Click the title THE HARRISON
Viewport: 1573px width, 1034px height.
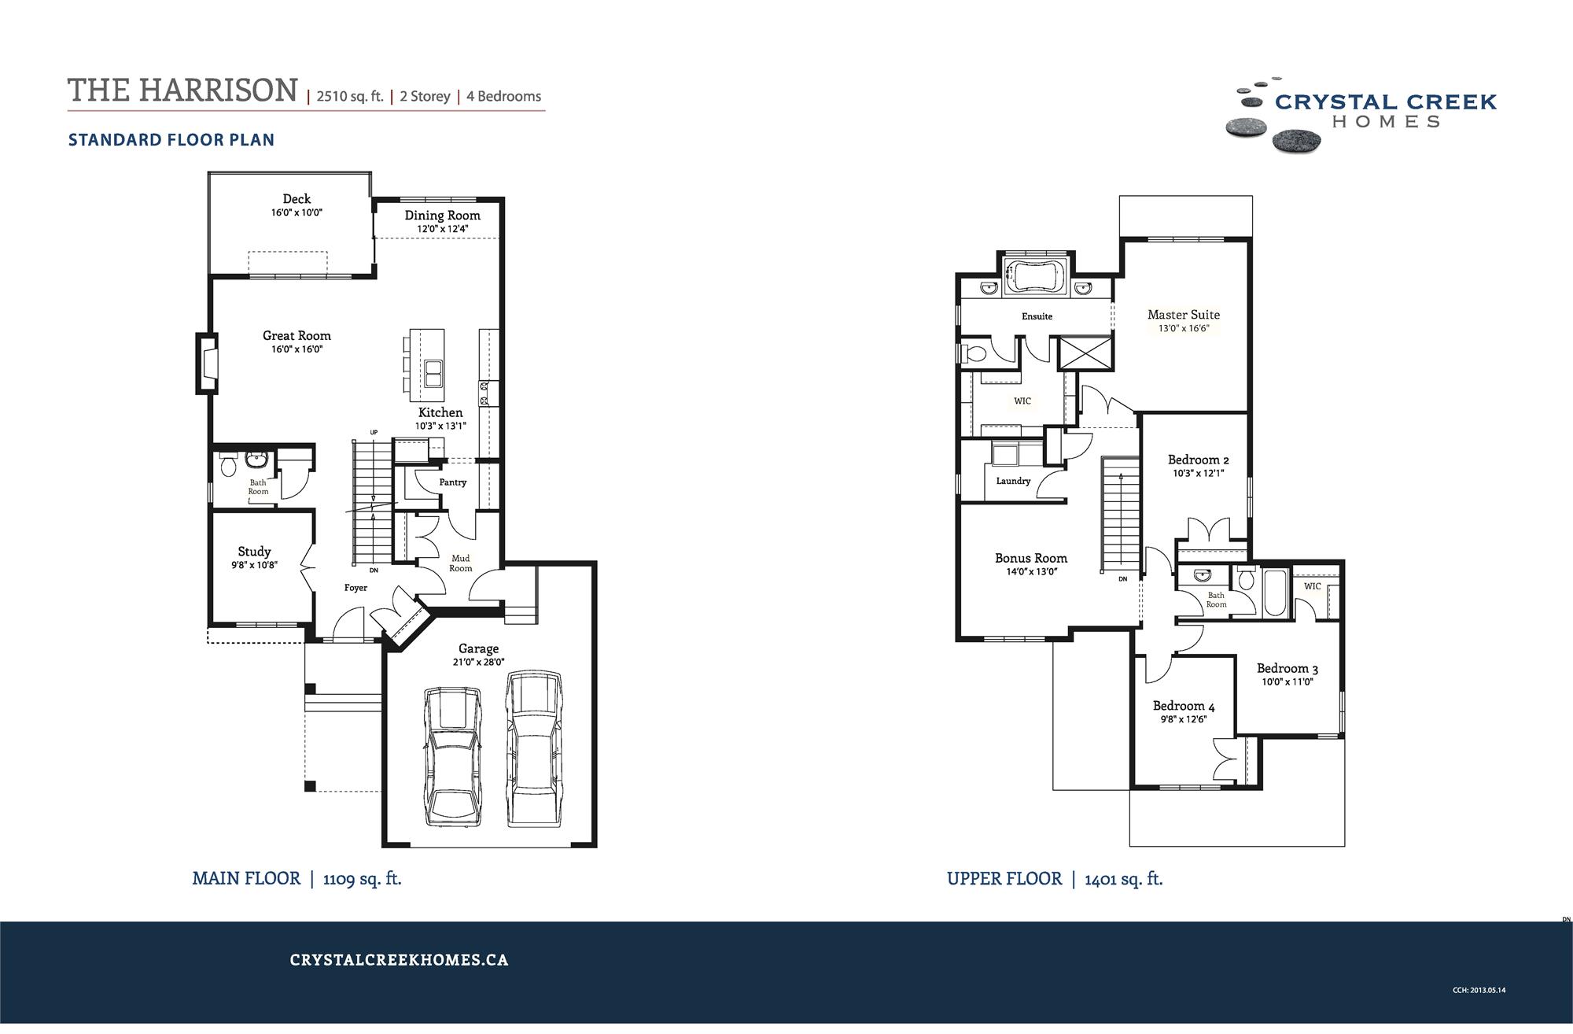(182, 90)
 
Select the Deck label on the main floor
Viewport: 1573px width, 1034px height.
(297, 199)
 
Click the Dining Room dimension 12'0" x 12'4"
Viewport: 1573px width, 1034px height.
(442, 229)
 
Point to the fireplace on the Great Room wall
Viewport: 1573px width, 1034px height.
(208, 364)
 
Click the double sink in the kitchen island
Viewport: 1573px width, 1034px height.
(433, 373)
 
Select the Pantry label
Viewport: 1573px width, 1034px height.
(452, 482)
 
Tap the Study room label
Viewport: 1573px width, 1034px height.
(254, 552)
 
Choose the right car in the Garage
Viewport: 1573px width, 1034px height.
(535, 748)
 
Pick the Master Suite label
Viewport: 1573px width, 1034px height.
(1183, 315)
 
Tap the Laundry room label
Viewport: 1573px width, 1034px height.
(1013, 481)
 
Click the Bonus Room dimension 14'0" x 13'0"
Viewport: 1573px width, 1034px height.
(1031, 572)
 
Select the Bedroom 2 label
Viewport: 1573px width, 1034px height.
(1198, 460)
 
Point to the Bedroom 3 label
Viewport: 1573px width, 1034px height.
(1287, 668)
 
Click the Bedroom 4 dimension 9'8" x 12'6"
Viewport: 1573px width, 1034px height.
(1183, 719)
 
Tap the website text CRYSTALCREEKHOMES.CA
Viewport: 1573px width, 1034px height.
(399, 960)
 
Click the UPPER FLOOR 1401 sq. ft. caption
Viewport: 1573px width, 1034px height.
(1054, 879)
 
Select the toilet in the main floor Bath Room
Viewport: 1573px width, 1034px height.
(229, 467)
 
